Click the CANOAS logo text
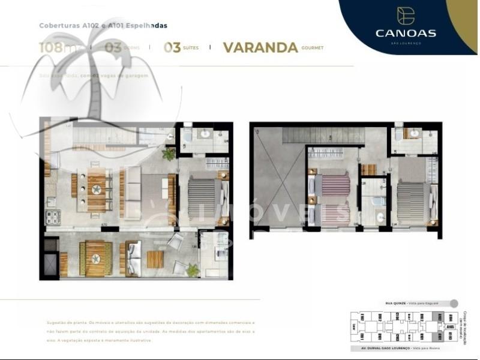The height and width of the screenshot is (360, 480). coord(406,33)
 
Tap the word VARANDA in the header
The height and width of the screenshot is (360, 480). coord(260,48)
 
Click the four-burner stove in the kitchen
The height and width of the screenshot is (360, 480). coord(50,215)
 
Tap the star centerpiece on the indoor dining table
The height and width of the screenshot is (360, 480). coord(96,190)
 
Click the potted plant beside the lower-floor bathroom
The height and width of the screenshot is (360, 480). coord(170,154)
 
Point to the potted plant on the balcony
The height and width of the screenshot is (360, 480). coord(192,269)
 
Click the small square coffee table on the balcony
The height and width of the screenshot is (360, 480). coord(155,259)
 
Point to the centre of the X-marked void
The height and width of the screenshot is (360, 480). coord(277,181)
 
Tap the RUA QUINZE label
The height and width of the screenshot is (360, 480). coord(396,304)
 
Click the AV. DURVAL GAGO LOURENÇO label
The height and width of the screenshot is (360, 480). coord(384,348)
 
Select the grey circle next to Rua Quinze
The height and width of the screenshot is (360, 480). coord(454,304)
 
